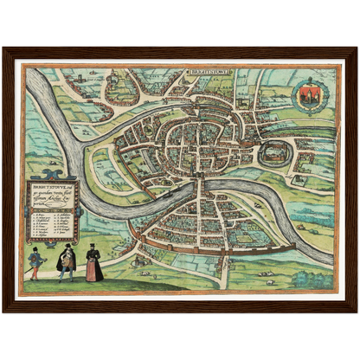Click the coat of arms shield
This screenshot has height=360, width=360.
[x=309, y=97]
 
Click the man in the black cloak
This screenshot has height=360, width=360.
[x=66, y=263]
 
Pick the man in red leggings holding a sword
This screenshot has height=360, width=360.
[x=35, y=261]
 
